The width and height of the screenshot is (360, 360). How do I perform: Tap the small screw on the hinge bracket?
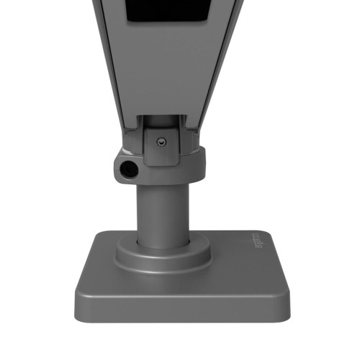coord(161,142)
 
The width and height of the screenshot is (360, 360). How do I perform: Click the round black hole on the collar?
coord(129,170)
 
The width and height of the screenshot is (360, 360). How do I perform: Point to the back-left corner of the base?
coord(96,235)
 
